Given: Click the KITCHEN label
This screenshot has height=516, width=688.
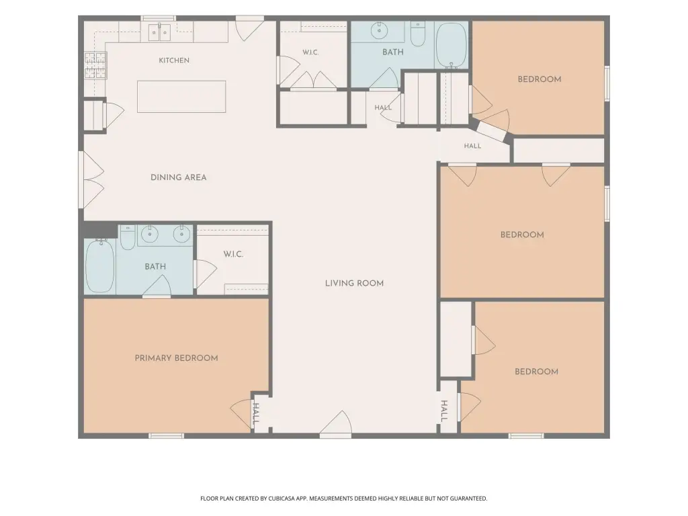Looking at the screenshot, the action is [x=174, y=60].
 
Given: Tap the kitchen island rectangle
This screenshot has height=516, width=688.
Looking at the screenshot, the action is [x=181, y=97].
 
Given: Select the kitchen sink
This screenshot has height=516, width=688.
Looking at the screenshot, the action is [x=159, y=32].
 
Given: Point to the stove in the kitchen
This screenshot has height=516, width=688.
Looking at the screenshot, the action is [x=95, y=65].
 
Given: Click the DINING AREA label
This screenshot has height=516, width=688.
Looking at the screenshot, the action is [x=179, y=177].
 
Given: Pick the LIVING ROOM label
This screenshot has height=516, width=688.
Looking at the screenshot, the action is [x=355, y=284].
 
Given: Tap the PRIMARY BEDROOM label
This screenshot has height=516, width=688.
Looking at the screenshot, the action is [x=177, y=358].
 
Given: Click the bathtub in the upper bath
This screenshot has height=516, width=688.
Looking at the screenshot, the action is [x=452, y=45].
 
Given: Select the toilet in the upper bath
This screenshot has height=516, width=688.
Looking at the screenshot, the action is [x=418, y=34].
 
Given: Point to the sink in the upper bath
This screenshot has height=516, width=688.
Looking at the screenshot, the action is [x=379, y=31].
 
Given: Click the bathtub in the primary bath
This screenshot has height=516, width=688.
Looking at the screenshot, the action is [x=100, y=266].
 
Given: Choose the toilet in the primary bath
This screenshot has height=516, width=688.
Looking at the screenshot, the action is [x=128, y=237].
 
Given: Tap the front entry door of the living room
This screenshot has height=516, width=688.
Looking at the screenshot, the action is [x=336, y=423].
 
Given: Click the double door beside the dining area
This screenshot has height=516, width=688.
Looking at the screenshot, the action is [x=91, y=179].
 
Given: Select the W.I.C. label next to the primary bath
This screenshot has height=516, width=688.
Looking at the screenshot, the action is [x=233, y=255].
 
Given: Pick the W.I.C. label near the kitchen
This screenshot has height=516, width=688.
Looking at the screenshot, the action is [x=310, y=52].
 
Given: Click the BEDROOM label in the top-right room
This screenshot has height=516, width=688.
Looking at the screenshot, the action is [x=540, y=79].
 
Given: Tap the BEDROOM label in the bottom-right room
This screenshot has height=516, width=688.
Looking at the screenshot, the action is [x=536, y=372].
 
